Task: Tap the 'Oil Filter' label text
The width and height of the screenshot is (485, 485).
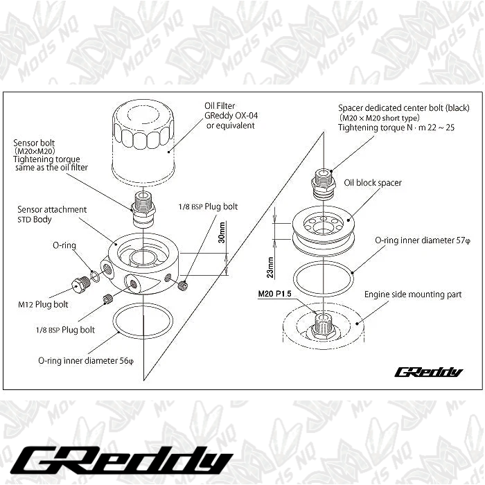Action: pyautogui.click(x=221, y=106)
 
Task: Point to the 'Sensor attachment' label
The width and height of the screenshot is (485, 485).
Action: pyautogui.click(x=53, y=209)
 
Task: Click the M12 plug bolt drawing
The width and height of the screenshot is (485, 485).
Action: pyautogui.click(x=80, y=284)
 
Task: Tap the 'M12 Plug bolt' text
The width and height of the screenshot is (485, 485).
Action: pyautogui.click(x=43, y=304)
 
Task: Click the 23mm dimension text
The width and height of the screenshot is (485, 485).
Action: pyautogui.click(x=271, y=265)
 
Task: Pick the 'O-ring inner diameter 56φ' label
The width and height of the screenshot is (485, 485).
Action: pyautogui.click(x=85, y=360)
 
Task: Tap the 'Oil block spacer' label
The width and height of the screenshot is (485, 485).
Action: pyautogui.click(x=373, y=183)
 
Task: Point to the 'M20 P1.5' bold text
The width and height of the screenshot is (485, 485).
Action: pyautogui.click(x=276, y=293)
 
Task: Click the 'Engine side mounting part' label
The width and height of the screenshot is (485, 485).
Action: pyautogui.click(x=413, y=294)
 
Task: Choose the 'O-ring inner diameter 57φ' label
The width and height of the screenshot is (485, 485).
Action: pyautogui.click(x=423, y=240)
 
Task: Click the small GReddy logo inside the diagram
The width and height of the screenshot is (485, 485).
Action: pyautogui.click(x=428, y=372)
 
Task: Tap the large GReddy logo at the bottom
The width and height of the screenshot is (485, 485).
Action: pyautogui.click(x=124, y=458)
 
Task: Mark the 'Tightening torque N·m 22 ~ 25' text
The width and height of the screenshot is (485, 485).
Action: pyautogui.click(x=396, y=128)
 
